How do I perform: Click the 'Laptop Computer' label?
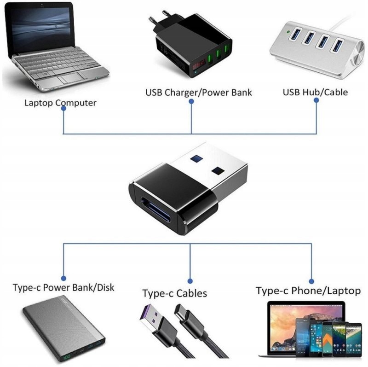[x=60, y=103]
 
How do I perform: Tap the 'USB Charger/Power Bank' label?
[x=199, y=93]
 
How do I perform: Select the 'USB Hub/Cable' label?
[x=315, y=92]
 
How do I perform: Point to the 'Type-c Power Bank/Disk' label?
[x=63, y=287]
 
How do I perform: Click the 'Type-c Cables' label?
[x=175, y=293]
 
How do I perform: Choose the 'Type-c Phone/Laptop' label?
[x=308, y=291]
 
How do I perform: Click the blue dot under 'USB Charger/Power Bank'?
[x=191, y=101]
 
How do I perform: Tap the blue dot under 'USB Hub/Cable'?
[x=316, y=100]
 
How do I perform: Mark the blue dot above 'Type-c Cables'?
[x=190, y=281]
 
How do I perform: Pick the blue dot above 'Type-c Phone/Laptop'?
[x=311, y=281]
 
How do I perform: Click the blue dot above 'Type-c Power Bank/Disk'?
[x=63, y=279]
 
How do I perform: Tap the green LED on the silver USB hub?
[x=288, y=31]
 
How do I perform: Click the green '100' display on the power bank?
[x=67, y=357]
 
